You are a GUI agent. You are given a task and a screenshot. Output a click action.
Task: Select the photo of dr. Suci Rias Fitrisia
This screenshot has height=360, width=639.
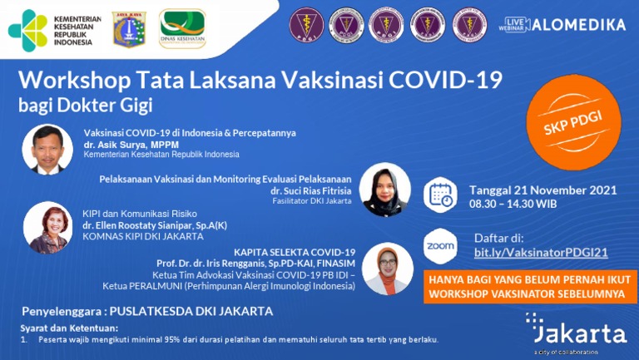tap(384, 189)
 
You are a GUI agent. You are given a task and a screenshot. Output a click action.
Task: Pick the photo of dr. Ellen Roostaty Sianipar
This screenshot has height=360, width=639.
tap(46, 228)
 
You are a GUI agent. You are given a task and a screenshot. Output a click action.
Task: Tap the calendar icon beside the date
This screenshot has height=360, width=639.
tap(440, 196)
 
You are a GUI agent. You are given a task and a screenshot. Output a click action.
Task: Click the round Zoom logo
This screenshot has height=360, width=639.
tap(440, 246)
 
